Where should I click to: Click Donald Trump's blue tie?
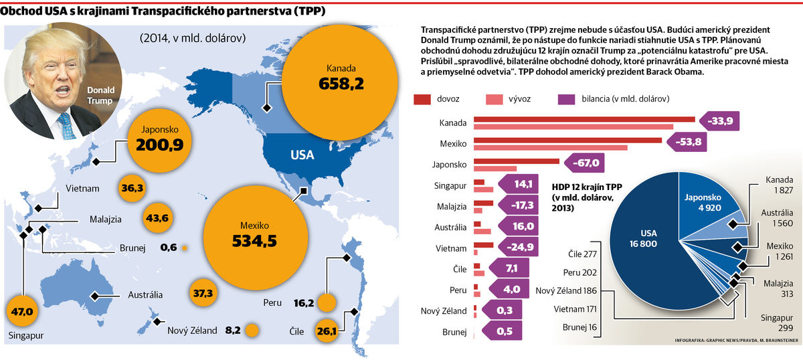(66, 125)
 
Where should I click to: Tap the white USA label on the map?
(302, 155)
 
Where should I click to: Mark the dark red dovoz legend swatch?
(422, 99)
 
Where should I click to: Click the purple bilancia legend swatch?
(566, 99)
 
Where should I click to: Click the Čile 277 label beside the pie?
(580, 255)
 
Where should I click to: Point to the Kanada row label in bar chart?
(453, 123)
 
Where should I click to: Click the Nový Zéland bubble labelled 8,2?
(252, 331)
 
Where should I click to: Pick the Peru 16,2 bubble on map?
(326, 303)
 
